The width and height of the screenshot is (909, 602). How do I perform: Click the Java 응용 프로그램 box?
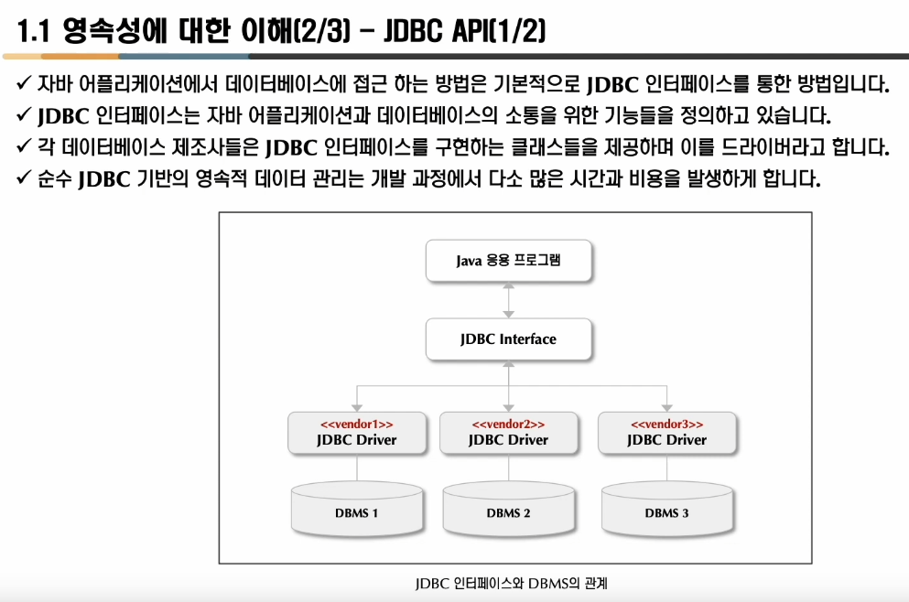pyautogui.click(x=508, y=261)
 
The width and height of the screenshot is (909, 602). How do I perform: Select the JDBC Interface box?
pyautogui.click(x=508, y=339)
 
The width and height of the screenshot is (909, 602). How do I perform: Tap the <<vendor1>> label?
pyautogui.click(x=357, y=425)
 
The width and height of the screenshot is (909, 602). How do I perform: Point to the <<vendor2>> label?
pyautogui.click(x=508, y=425)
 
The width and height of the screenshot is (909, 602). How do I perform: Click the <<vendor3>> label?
pyautogui.click(x=667, y=425)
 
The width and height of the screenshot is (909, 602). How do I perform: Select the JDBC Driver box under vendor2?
pyautogui.click(x=508, y=440)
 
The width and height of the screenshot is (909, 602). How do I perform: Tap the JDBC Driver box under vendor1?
pyautogui.click(x=357, y=440)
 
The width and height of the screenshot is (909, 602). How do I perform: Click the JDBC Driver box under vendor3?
pyautogui.click(x=667, y=440)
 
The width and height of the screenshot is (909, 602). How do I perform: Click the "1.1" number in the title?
pyautogui.click(x=35, y=33)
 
